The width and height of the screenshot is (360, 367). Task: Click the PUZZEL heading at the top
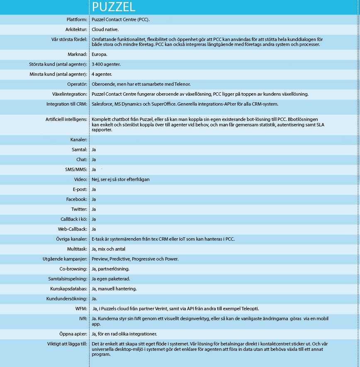click(113, 7)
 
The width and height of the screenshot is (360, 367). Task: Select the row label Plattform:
click(77, 19)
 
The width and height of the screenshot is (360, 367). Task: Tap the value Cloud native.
click(105, 29)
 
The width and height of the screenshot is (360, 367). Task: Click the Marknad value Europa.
click(99, 54)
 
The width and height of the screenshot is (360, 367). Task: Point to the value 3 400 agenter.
click(107, 64)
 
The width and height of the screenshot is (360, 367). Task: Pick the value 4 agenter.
click(102, 74)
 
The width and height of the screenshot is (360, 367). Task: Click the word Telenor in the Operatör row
click(182, 84)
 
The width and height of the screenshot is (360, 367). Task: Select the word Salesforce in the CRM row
click(104, 104)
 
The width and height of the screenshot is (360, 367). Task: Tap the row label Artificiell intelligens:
click(66, 119)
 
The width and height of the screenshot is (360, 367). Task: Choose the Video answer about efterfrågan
click(120, 179)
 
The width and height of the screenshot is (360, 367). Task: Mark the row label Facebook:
click(77, 199)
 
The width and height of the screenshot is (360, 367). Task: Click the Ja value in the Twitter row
click(94, 209)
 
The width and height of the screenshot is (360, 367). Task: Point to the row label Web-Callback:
click(73, 229)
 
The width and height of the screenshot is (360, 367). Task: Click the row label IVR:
click(83, 319)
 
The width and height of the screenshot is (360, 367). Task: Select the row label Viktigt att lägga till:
click(67, 344)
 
